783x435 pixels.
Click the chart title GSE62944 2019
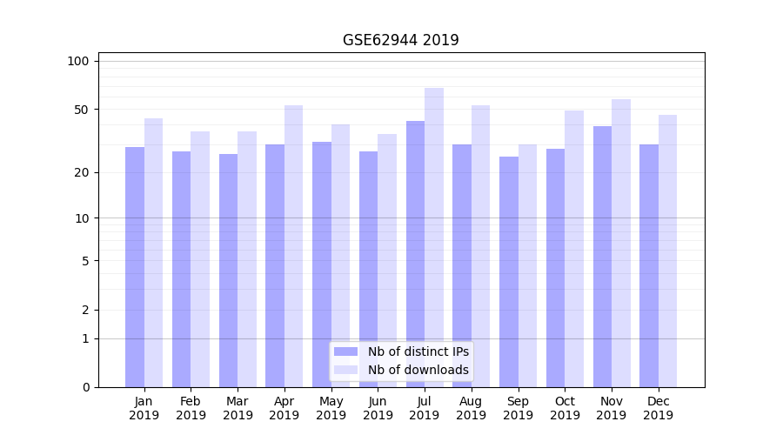click(x=400, y=41)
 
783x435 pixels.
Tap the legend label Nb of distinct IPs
click(x=418, y=351)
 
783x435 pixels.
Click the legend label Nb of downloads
click(x=418, y=370)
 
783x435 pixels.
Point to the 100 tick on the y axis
click(x=78, y=61)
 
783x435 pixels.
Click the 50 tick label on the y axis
click(x=81, y=110)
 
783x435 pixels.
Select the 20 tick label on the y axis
click(x=81, y=172)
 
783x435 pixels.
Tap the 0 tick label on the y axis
click(x=85, y=387)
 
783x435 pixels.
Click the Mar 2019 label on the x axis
click(x=238, y=408)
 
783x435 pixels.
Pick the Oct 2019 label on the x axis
click(x=565, y=408)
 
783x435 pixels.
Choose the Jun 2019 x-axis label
click(x=378, y=408)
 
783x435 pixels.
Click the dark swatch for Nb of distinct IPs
click(x=346, y=351)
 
